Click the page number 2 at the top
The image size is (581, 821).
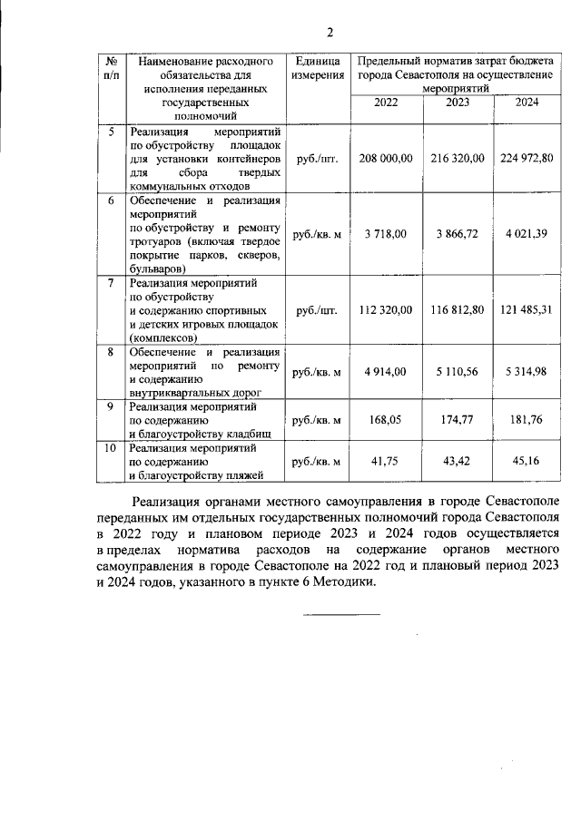click(x=330, y=34)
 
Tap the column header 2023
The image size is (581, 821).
click(x=458, y=103)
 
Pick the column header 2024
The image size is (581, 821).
click(x=527, y=103)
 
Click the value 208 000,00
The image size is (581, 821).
click(x=386, y=158)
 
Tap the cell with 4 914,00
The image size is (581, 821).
click(x=386, y=371)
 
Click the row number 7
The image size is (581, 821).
click(x=110, y=283)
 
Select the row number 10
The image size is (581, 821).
click(x=110, y=447)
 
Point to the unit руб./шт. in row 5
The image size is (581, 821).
click(x=317, y=158)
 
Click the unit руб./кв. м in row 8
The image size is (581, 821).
click(x=317, y=371)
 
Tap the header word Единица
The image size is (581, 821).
click(x=317, y=61)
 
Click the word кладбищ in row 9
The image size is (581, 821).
click(x=240, y=433)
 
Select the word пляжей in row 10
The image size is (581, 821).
click(x=242, y=474)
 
